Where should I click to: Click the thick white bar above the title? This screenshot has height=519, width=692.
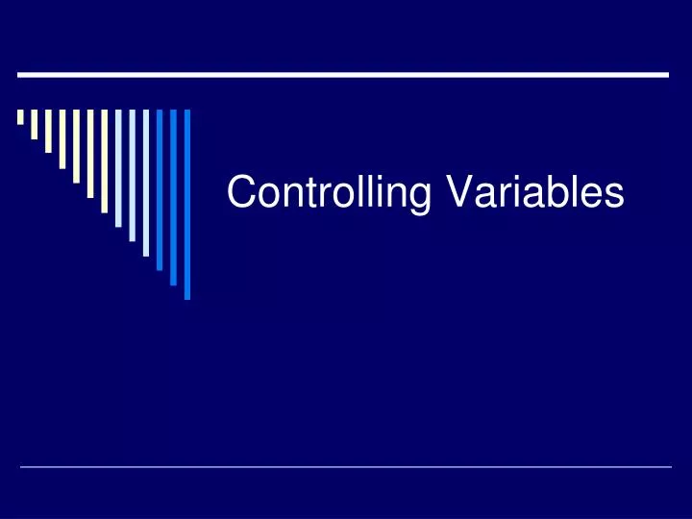(343, 74)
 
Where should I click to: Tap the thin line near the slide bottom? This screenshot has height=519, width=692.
(346, 467)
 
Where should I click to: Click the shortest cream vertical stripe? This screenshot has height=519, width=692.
(20, 117)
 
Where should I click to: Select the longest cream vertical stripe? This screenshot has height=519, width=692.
(104, 160)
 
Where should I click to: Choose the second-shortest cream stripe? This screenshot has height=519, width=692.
(34, 124)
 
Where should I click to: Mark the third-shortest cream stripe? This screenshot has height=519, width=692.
(48, 131)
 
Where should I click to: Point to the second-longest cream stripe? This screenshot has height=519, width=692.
(90, 153)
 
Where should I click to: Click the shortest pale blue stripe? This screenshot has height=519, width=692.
(118, 167)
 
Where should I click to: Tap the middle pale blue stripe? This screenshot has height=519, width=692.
(132, 175)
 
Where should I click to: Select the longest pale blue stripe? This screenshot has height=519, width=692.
(146, 183)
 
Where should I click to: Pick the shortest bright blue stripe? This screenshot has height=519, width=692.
(160, 189)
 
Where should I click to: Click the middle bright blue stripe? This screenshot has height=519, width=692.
(174, 197)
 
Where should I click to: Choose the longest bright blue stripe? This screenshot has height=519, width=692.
(187, 204)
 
